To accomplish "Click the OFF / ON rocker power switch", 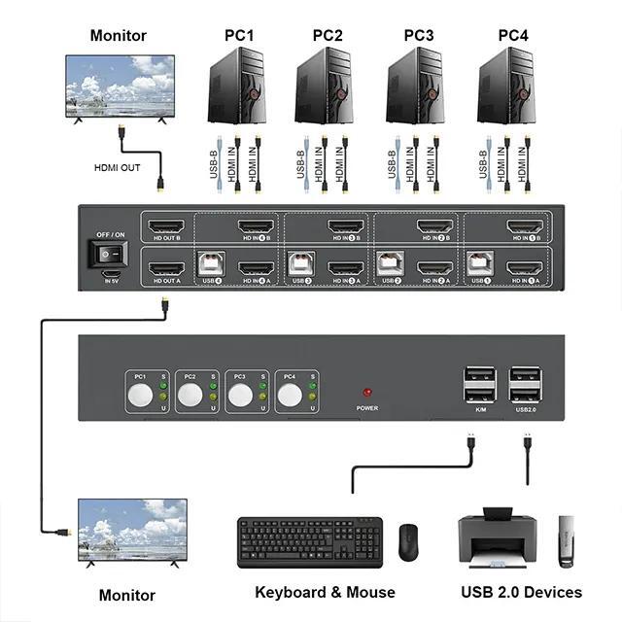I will pyautogui.click(x=108, y=253).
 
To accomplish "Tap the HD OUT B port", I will pyautogui.click(x=166, y=229).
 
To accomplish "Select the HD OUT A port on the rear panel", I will pyautogui.click(x=166, y=269).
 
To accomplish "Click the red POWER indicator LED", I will pyautogui.click(x=366, y=393).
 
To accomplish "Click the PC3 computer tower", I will pyautogui.click(x=415, y=86).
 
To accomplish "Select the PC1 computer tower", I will pyautogui.click(x=236, y=86).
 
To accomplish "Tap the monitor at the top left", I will pyautogui.click(x=120, y=86).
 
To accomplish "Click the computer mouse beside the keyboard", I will pyautogui.click(x=407, y=541).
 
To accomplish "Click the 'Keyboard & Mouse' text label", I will pyautogui.click(x=325, y=592).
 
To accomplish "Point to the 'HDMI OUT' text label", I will pyautogui.click(x=117, y=167).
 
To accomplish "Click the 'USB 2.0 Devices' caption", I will pyautogui.click(x=521, y=592).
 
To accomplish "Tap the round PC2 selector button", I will pyautogui.click(x=190, y=395).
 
